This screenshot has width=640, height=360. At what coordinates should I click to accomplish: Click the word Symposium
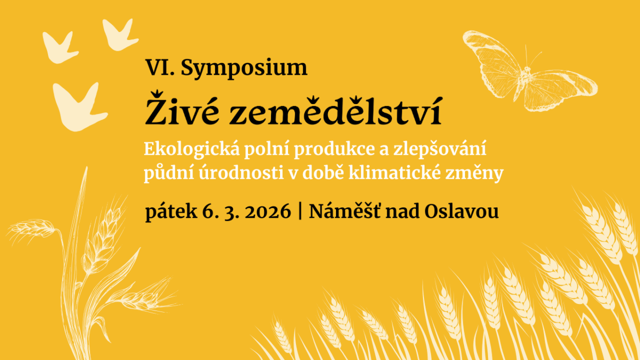[244, 69]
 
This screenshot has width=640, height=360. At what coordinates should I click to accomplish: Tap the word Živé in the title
[182, 109]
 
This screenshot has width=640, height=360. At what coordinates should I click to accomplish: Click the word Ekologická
[191, 149]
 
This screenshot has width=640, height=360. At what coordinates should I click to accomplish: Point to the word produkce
[334, 150]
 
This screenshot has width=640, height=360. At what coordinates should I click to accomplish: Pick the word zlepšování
[439, 149]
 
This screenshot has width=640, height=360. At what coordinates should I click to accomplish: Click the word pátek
[171, 212]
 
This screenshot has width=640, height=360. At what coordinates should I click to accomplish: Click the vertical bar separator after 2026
[300, 211]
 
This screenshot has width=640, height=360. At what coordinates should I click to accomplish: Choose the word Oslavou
[461, 211]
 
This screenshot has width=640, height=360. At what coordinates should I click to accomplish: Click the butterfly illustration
[530, 71]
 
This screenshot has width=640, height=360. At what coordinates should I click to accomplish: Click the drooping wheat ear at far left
[31, 228]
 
